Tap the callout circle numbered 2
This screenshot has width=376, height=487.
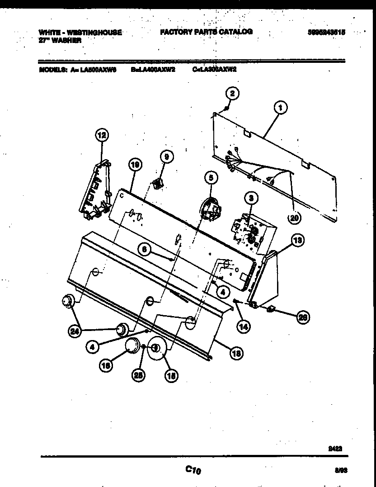232,94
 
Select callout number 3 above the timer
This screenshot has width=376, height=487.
251,197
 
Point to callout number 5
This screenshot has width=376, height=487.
210,178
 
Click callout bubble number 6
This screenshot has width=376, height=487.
145,249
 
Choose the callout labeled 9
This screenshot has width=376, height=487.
166,156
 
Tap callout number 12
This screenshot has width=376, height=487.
102,134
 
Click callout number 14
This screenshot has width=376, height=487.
244,325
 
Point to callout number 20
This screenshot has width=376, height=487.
294,218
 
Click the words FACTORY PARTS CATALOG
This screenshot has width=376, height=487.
206,32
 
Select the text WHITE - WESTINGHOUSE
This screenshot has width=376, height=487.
80,33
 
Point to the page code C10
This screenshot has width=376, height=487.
193,470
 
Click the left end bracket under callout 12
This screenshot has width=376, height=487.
96,192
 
